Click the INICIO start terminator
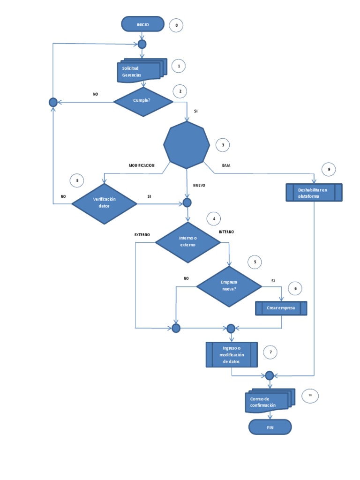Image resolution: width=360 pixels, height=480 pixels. point(142,25)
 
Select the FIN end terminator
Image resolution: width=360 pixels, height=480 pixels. point(270,427)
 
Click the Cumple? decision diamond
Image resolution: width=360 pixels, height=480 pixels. point(143,101)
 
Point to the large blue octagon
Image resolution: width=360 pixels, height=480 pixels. point(186,144)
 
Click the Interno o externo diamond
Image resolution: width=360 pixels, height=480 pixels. point(187,242)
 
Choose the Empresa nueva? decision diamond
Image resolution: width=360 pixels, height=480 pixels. point(229,286)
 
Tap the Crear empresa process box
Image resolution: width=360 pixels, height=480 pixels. point(281,308)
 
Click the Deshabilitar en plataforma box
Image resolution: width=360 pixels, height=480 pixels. point(314,193)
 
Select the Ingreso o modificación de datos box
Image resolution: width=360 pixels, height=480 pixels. point(232,354)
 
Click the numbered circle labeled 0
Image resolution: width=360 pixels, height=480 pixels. point(176,25)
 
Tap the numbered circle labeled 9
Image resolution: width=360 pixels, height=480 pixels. point(329,169)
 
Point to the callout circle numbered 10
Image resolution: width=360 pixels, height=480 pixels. point(310,396)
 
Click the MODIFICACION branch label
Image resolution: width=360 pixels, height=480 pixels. point(142,165)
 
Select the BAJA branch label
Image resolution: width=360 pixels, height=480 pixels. point(226,165)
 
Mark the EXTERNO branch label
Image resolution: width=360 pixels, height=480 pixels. point(142,234)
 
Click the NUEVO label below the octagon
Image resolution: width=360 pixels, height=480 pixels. point(199,185)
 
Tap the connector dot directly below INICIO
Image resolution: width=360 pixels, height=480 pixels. point(142,44)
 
